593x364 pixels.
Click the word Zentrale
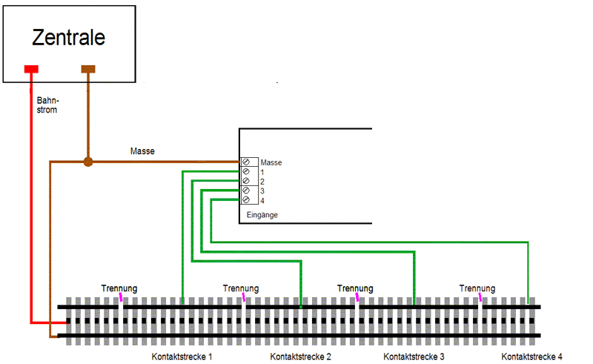(x=69, y=37)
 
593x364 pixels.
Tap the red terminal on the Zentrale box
(x=31, y=70)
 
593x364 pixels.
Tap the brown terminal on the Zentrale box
(x=88, y=70)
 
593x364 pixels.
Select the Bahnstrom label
(x=47, y=104)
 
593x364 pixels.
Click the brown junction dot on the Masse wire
(x=87, y=162)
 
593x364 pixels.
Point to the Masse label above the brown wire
(x=142, y=151)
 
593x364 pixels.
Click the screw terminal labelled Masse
(x=246, y=162)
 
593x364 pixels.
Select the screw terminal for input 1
(x=246, y=171)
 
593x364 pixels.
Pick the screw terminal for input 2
(x=246, y=181)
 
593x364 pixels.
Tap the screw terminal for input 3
(x=246, y=191)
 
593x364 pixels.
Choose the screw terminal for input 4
(x=246, y=200)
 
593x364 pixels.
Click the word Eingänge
(x=262, y=215)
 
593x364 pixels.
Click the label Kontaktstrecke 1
(x=182, y=357)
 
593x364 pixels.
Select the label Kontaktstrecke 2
(x=300, y=357)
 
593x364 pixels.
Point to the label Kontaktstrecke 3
(x=414, y=357)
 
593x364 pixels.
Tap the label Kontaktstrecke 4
(x=531, y=357)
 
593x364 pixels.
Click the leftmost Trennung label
(x=119, y=288)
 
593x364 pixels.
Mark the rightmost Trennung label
(x=477, y=288)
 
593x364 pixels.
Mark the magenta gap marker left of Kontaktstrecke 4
(x=480, y=298)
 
